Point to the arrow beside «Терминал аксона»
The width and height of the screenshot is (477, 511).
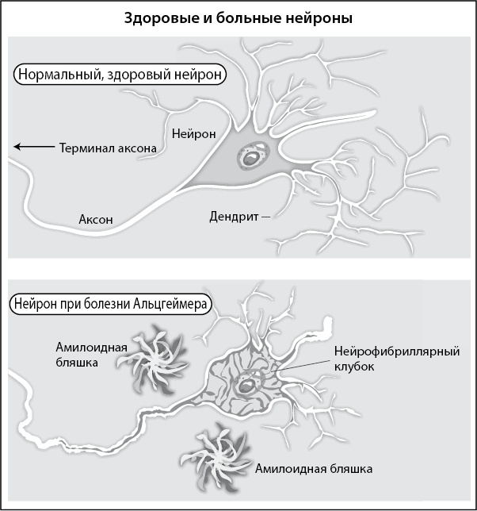[31, 146]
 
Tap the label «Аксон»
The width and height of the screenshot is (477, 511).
[96, 219]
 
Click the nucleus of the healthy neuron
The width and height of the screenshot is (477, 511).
[252, 158]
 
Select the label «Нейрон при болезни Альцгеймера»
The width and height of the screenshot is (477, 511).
[109, 303]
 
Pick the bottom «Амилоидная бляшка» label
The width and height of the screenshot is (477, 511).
[314, 469]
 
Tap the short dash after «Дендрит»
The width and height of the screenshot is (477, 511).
[265, 215]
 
